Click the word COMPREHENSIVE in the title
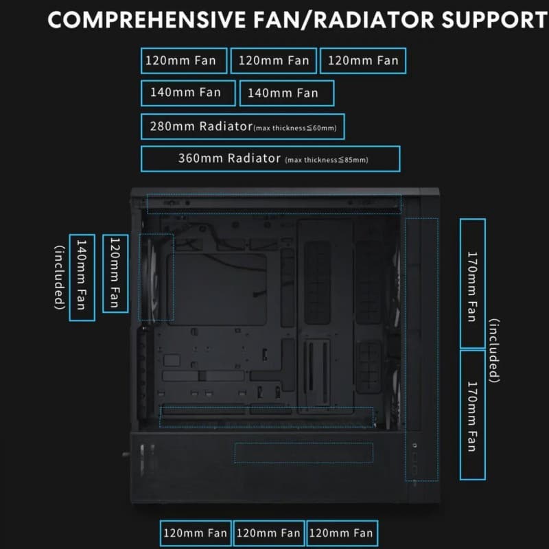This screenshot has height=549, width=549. click(147, 20)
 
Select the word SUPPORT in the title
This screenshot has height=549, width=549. click(495, 20)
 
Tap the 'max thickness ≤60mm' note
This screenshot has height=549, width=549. click(295, 128)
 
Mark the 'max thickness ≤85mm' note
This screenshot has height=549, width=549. click(327, 161)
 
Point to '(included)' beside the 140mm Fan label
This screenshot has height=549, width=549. click(60, 277)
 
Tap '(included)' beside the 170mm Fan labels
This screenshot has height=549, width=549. click(494, 351)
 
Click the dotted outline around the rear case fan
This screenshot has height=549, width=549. click(139, 277)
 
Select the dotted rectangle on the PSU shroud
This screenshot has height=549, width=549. click(303, 443)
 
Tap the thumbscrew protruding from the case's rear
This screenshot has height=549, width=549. click(126, 455)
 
